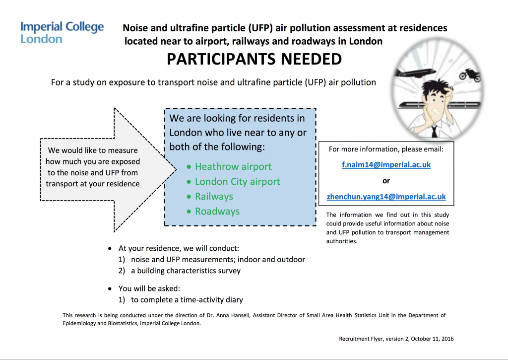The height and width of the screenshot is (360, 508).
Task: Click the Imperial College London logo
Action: coord(62,32)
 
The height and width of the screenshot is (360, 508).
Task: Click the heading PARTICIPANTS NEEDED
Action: coord(254,59)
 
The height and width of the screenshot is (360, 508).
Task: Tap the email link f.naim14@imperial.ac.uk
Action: coord(386,165)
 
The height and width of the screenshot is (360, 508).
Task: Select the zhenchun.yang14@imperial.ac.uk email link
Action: coord(386,197)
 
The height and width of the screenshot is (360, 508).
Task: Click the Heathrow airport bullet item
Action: coord(233,167)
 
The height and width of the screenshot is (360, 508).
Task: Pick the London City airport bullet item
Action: coord(237,182)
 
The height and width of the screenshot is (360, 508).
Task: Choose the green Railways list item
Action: coord(214,197)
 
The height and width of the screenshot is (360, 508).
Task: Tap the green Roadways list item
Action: coord(217,212)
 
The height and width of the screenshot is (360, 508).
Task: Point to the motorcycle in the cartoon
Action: coord(469,75)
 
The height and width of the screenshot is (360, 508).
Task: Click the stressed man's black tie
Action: coord(434,130)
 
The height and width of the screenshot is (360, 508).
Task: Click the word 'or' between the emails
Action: coord(386,181)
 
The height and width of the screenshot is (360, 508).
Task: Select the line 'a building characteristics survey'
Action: coord(186,271)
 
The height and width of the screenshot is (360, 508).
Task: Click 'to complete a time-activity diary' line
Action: coord(187,299)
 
